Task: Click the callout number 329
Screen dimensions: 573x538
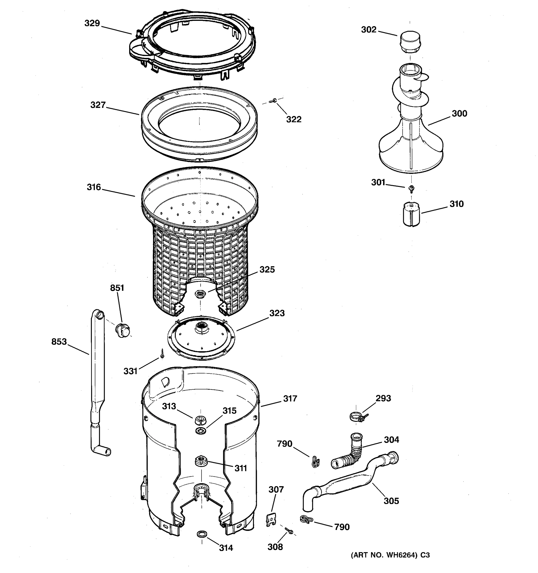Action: pos(92,23)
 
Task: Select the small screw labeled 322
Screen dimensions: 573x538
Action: pos(272,101)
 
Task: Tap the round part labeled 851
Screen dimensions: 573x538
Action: pos(123,330)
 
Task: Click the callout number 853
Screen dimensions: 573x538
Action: pos(59,342)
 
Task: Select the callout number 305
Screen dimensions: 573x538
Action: pos(391,501)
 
